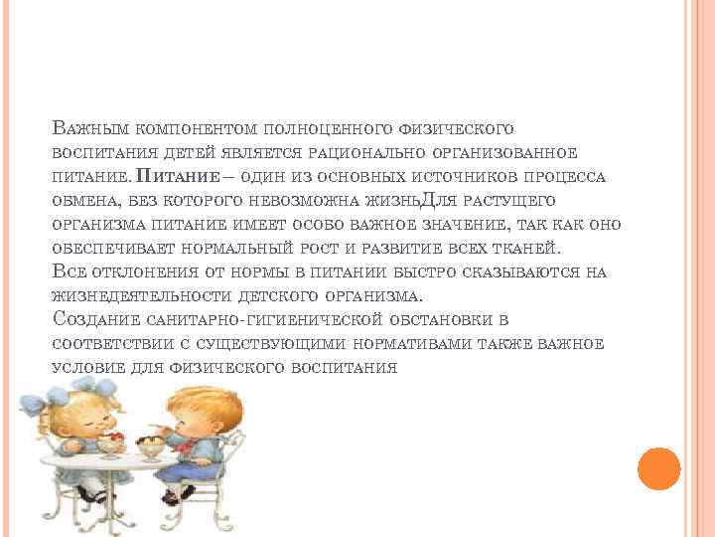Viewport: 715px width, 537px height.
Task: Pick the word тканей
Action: coord(529,249)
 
